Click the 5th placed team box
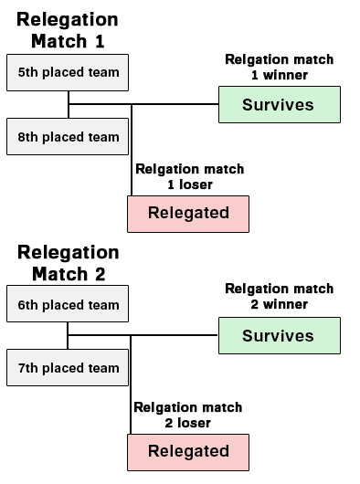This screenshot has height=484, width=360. (68, 72)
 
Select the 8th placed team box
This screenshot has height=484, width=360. (68, 137)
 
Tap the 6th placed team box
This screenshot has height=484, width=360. (68, 304)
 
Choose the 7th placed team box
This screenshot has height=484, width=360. (68, 368)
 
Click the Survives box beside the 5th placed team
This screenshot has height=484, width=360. (279, 105)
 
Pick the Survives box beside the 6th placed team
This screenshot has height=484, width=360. (279, 336)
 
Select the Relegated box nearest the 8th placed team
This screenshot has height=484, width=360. (188, 214)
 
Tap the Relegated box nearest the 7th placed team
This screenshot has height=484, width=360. (188, 451)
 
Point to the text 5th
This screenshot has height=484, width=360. (27, 72)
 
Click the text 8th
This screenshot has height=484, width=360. (27, 137)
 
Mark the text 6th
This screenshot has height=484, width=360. (27, 305)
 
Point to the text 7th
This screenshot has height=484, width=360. (27, 368)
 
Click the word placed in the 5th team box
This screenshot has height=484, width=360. (63, 72)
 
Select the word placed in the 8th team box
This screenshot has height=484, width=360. (63, 137)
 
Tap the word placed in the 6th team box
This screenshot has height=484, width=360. (63, 305)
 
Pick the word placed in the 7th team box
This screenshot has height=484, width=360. (63, 368)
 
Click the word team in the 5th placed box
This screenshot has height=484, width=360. (103, 72)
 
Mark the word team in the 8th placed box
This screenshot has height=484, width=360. (103, 137)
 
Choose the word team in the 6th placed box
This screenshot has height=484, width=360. (103, 305)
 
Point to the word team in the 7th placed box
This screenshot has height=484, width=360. (103, 368)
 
